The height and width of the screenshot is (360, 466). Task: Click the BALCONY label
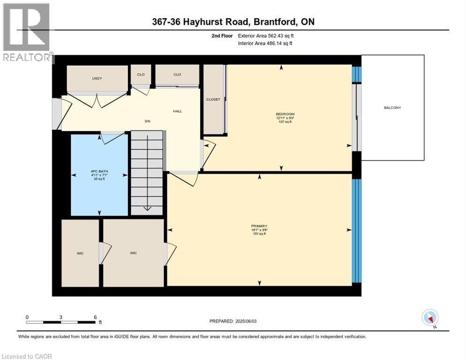(393, 108)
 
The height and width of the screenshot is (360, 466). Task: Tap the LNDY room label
(97, 78)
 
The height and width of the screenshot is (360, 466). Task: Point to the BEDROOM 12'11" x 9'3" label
(285, 118)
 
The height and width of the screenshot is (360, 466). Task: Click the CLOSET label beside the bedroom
(213, 99)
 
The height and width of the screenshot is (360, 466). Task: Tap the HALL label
(177, 111)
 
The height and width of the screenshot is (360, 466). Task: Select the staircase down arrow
(147, 208)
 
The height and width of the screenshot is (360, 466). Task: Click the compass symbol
(430, 318)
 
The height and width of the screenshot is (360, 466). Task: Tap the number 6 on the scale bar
(95, 317)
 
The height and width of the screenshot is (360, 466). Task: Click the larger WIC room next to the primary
(133, 253)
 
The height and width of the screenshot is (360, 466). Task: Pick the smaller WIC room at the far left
(80, 253)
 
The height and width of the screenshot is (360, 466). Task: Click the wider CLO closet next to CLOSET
(177, 75)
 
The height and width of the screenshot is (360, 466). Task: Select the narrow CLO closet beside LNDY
(141, 75)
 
